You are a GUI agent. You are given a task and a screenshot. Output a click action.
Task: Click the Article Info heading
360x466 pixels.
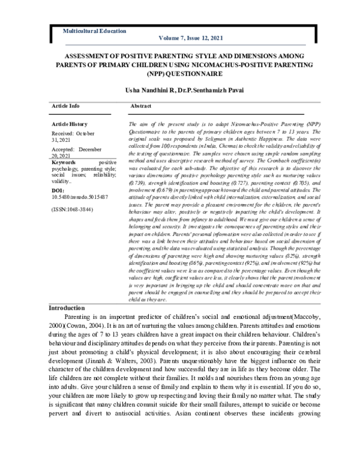pyautogui.click(x=65, y=106)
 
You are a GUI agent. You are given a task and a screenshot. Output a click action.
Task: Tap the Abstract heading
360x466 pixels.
pyautogui.click(x=140, y=106)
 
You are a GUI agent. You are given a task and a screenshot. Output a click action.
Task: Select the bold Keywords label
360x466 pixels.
pyautogui.click(x=64, y=162)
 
